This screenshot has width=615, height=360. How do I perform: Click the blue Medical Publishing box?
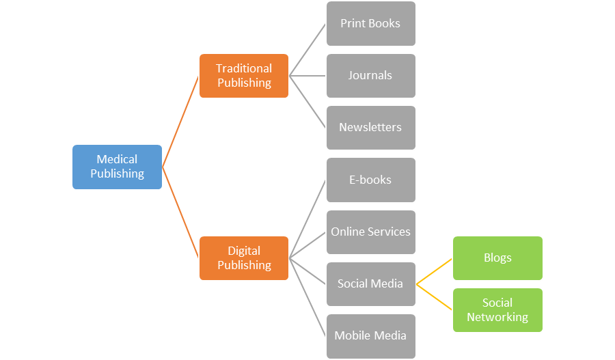pos(117,167)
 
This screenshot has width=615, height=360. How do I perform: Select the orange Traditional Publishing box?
pos(244,76)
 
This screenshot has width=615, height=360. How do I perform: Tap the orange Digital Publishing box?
pos(244,258)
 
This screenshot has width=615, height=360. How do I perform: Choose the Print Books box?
pos(370,23)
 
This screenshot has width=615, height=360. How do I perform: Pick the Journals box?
pos(370,75)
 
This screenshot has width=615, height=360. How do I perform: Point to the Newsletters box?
pos(370,128)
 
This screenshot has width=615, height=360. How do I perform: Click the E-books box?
pos(370,180)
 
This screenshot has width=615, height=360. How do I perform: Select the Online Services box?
pos(370,232)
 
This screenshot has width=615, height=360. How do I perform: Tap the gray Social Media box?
pos(370,283)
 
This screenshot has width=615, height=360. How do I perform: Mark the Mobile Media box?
pos(370,335)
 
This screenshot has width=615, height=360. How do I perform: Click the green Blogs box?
pos(497,258)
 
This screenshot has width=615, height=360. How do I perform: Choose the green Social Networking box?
pos(497,310)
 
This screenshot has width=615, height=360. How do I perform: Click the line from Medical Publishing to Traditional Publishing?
pos(181,121)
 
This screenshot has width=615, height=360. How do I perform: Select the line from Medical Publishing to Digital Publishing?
pos(181,212)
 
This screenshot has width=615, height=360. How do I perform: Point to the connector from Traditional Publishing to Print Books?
pos(307,49)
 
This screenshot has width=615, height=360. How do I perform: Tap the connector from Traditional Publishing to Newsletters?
pos(307,102)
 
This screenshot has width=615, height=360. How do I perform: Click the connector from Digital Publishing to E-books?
pos(307,219)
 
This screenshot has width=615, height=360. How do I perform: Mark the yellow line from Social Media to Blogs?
pos(435,271)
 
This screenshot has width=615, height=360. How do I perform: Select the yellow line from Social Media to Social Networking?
pos(435,297)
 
